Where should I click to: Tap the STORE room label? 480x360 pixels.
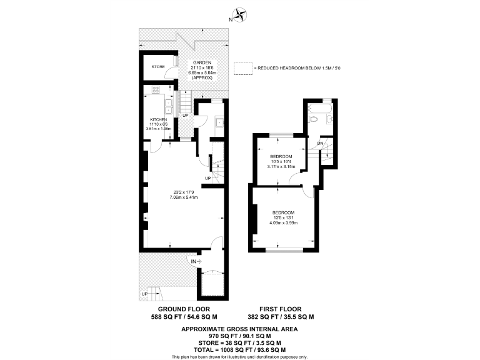(157, 66)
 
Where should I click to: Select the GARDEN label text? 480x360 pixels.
(202, 62)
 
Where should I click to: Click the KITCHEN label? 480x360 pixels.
(158, 119)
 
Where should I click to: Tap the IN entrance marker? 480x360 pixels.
(194, 261)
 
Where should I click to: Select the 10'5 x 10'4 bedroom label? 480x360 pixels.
(281, 162)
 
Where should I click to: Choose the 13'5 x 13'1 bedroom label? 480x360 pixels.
(282, 218)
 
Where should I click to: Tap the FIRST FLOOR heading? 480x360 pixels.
(280, 309)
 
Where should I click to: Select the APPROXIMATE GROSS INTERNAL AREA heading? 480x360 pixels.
(239, 328)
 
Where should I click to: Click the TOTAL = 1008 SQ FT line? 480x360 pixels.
(239, 350)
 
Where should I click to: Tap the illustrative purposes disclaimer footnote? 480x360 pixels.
(239, 357)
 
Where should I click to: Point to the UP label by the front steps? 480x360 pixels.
(145, 294)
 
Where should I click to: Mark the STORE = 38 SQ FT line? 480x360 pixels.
(239, 342)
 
